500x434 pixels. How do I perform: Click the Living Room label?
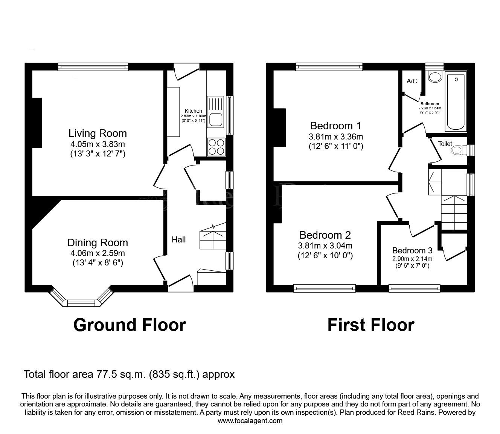point(98,133)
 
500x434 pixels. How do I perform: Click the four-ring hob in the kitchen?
point(216,147)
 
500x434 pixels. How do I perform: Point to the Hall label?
point(178,239)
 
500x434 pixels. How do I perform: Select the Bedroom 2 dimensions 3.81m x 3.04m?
point(325,246)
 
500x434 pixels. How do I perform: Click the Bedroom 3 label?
point(412,250)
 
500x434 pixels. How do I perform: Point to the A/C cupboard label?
point(412,81)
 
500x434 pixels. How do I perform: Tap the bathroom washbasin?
point(435,77)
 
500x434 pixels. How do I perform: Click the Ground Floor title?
point(130,325)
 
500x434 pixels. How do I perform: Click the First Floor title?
point(370,325)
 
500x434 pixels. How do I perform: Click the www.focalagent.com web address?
point(250,421)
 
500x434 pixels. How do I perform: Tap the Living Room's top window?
point(93,67)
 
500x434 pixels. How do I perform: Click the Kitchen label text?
point(193,111)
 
